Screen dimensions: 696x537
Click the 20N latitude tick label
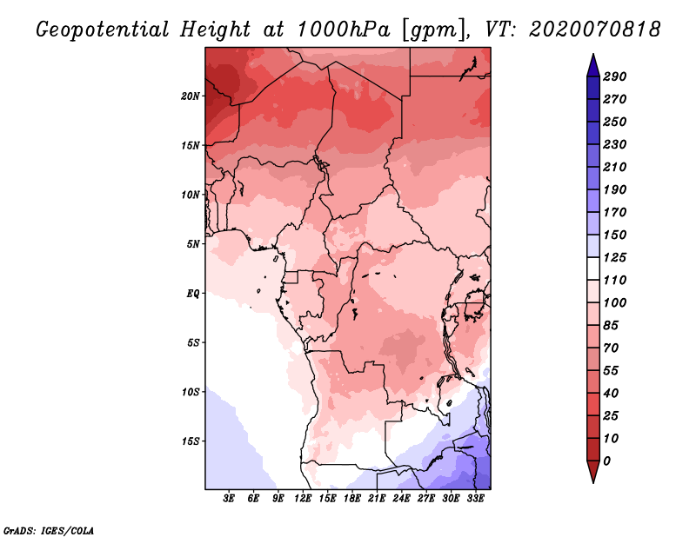click(191, 96)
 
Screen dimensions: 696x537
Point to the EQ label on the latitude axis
click(193, 294)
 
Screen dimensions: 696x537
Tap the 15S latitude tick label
click(191, 441)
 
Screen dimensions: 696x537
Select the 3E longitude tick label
click(229, 499)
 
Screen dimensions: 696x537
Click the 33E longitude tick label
click(475, 499)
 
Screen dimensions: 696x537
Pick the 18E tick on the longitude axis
click(352, 499)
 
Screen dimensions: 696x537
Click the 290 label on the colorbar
click(615, 76)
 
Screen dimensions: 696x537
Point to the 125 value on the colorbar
click(615, 257)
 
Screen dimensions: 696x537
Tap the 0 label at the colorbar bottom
click(606, 461)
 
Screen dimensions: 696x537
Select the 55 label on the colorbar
click(611, 371)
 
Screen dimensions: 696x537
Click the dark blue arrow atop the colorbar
click(593, 65)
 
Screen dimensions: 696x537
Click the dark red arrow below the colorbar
click(593, 472)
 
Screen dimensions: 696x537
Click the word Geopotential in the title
click(103, 30)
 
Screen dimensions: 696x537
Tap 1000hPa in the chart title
click(343, 30)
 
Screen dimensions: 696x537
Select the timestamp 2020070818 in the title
click(595, 30)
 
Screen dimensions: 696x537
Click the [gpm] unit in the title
click(435, 30)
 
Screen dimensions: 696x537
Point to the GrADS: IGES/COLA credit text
click(49, 531)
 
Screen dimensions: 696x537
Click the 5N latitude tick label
click(193, 244)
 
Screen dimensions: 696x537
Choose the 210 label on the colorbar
click(615, 167)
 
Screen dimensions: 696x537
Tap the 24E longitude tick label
click(401, 499)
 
